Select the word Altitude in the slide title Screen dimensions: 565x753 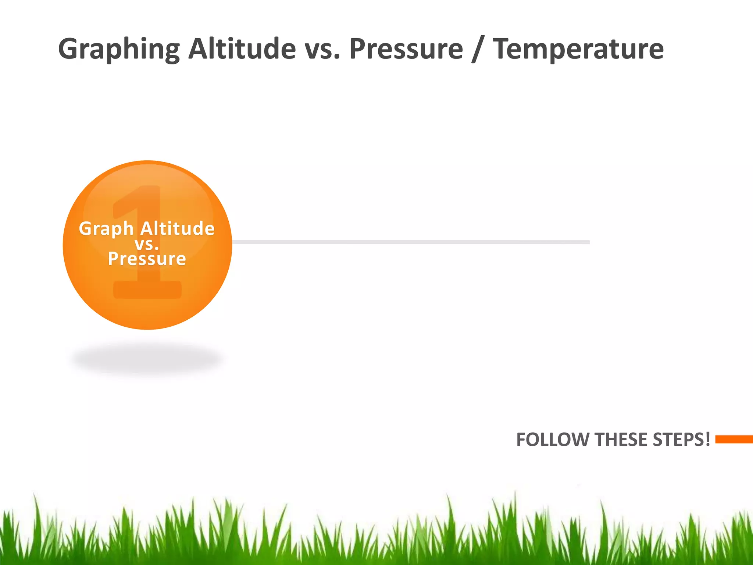242,49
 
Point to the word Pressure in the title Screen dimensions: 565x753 406,49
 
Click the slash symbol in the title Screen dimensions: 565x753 477,50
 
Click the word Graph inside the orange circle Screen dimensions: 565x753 106,229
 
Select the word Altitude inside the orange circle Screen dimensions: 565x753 178,228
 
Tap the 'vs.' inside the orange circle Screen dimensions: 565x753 147,244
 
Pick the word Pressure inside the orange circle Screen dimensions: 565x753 147,259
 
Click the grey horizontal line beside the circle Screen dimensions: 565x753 404,242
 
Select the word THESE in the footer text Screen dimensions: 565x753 622,440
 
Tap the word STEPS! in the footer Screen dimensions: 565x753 681,440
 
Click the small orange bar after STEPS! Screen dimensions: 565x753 734,439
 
